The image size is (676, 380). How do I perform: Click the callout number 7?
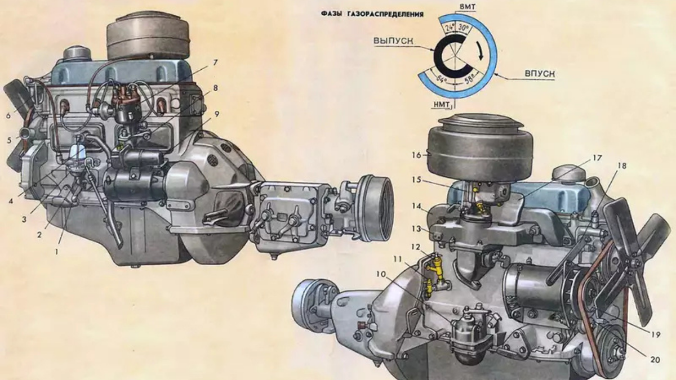[215, 62]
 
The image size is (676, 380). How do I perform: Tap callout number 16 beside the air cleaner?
[416, 155]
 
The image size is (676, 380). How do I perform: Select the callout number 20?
[655, 360]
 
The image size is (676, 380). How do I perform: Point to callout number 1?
[56, 251]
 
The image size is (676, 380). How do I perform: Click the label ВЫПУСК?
[393, 41]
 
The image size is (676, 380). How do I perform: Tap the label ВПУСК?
[540, 74]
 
